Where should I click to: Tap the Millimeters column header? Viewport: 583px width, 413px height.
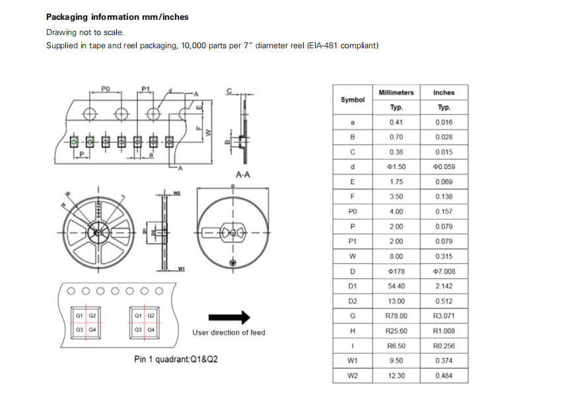(396, 93)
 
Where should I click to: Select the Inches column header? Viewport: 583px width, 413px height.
(444, 93)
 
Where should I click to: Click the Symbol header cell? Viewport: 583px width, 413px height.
(353, 100)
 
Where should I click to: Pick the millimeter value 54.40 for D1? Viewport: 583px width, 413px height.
(396, 286)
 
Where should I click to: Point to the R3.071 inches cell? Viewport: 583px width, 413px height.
(444, 316)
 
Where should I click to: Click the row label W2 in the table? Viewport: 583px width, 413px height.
(353, 375)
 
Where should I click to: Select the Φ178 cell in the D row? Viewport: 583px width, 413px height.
(396, 271)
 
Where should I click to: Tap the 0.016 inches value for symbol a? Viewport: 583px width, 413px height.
(444, 122)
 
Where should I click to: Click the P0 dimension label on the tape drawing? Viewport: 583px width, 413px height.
(106, 89)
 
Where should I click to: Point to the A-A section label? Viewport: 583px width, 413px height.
(242, 175)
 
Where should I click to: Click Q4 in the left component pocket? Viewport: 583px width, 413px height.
(92, 329)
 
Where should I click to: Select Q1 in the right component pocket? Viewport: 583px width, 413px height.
(138, 316)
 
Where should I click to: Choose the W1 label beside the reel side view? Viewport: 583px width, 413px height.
(182, 269)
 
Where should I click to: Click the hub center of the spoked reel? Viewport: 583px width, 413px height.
(98, 232)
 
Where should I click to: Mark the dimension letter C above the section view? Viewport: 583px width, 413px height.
(229, 91)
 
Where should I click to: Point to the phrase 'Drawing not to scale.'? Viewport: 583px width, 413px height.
(85, 32)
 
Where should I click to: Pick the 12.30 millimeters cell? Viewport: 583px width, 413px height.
(396, 375)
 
